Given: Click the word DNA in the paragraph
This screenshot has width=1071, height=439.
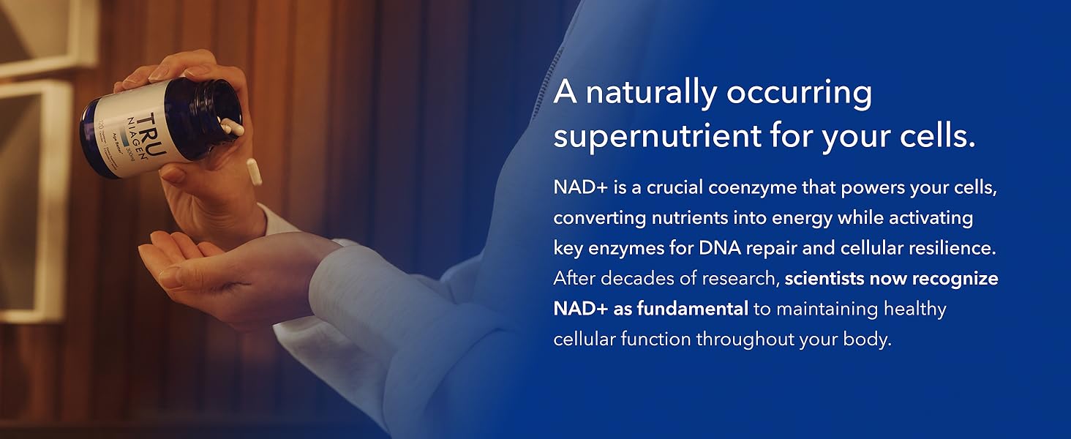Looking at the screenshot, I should pyautogui.click(x=720, y=249).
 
